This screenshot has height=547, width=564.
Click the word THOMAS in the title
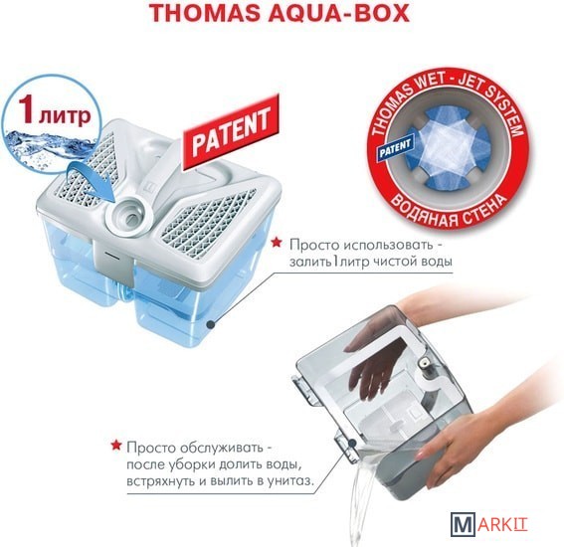pyautogui.click(x=204, y=14)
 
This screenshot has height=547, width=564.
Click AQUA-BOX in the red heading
pyautogui.click(x=337, y=14)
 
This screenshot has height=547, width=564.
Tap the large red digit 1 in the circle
pyautogui.click(x=27, y=109)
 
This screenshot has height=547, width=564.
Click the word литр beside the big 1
pyautogui.click(x=65, y=115)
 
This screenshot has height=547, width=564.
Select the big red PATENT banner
pyautogui.click(x=231, y=132)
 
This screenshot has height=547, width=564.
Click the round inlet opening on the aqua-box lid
pyautogui.click(x=128, y=216)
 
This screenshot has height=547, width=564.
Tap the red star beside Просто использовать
pyautogui.click(x=277, y=243)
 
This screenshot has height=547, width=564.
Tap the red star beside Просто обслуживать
pyautogui.click(x=115, y=446)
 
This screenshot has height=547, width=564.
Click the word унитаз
pyautogui.click(x=291, y=481)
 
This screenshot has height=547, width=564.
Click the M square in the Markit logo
pyautogui.click(x=463, y=524)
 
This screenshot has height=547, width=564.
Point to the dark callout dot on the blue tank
pyautogui.click(x=212, y=325)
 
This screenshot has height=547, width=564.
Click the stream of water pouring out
pyautogui.click(x=361, y=496)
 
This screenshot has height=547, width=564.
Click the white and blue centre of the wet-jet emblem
pyautogui.click(x=446, y=148)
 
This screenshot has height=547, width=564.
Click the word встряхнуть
pyautogui.click(x=159, y=481)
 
